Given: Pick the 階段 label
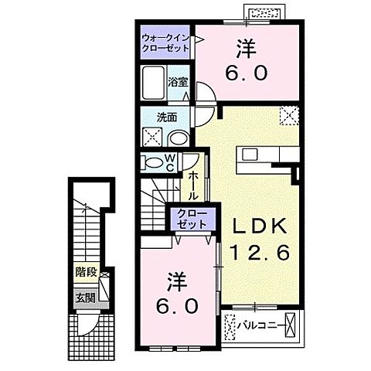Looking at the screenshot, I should pos(85,271).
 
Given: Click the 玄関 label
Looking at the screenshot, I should pos(85,297).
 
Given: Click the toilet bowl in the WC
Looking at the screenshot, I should pos(151,164).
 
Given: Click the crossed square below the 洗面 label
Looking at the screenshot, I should pos(151,137).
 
